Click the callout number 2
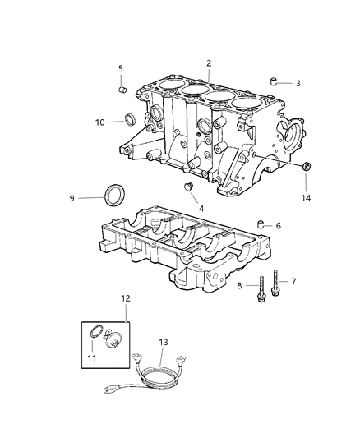pyautogui.click(x=209, y=63)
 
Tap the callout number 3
pyautogui.click(x=298, y=83)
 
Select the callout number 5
pyautogui.click(x=120, y=68)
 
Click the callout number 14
pyautogui.click(x=307, y=198)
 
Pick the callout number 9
pyautogui.click(x=72, y=198)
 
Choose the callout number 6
pyautogui.click(x=278, y=225)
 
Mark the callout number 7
pyautogui.click(x=293, y=282)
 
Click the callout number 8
pyautogui.click(x=241, y=285)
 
